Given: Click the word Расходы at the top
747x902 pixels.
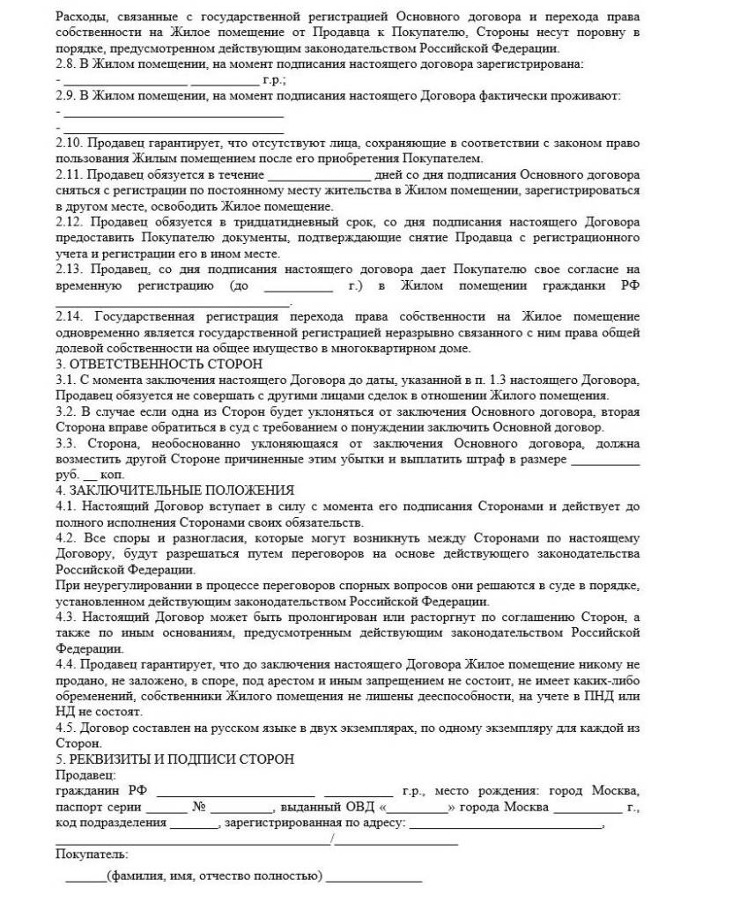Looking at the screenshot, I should coord(80,17).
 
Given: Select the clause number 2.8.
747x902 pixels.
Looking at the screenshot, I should coord(66,64).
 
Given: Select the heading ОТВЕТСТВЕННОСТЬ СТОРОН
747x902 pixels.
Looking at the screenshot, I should coord(166,364).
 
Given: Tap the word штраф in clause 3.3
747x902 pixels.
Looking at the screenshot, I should coord(498,460).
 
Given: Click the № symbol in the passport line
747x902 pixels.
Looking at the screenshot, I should coord(198,807).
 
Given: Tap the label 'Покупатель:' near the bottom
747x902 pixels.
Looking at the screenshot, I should coord(91,854).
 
